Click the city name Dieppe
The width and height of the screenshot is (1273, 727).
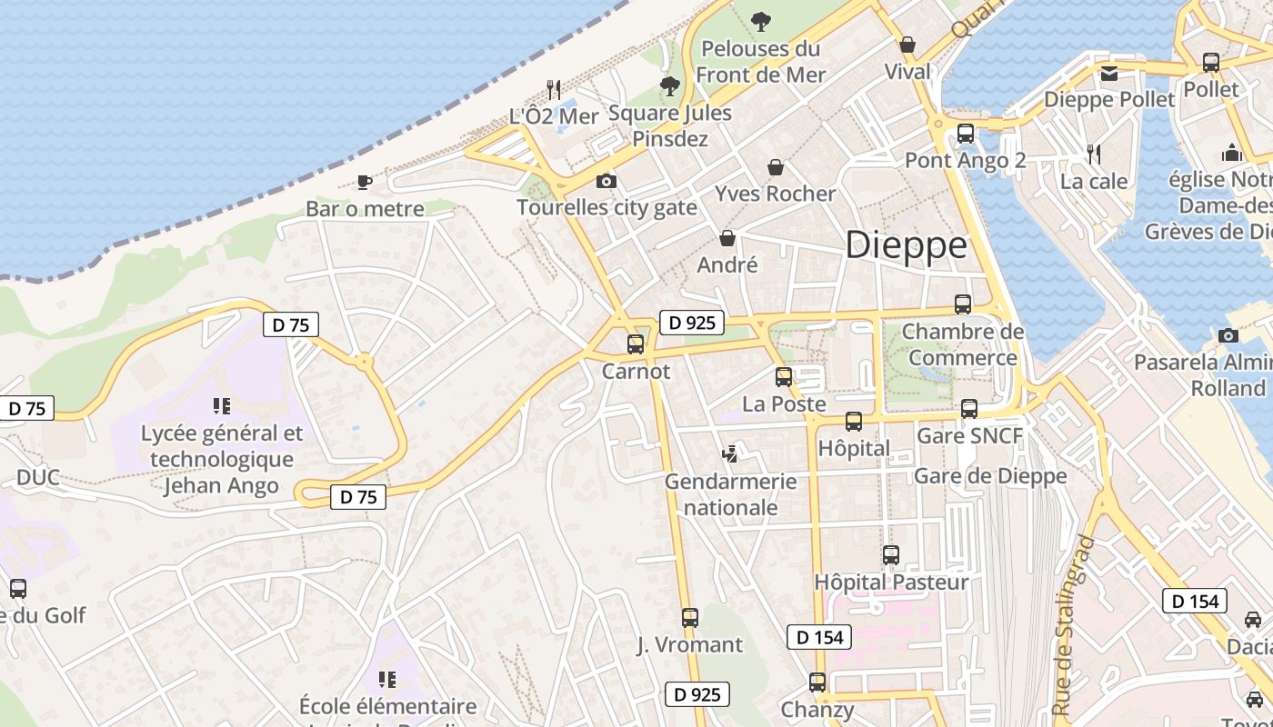(x=907, y=245)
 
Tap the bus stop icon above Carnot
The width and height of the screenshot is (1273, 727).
(x=636, y=344)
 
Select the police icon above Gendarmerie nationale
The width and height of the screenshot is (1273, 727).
(x=729, y=453)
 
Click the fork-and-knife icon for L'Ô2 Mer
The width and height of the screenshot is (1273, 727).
(x=553, y=89)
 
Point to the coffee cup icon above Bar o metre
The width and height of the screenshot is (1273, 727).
(x=365, y=182)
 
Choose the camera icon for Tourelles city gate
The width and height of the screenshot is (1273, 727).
(x=606, y=182)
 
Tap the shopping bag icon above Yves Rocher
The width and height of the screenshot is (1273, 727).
(x=776, y=167)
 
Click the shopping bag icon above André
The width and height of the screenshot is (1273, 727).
(x=727, y=238)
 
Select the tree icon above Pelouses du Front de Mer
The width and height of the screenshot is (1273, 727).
(x=761, y=20)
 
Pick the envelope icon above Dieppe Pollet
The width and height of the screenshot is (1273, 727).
(x=1108, y=74)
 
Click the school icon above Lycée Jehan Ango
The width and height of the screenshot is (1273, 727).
(x=222, y=406)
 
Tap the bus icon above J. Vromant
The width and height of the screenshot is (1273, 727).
(x=690, y=618)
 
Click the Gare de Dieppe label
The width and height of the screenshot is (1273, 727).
(x=990, y=476)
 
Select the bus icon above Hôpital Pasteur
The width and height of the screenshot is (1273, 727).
(x=891, y=554)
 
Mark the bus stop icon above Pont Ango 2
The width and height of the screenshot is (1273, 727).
(x=966, y=134)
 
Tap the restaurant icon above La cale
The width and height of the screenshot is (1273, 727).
(x=1095, y=154)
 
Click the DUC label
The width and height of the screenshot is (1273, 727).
(x=38, y=477)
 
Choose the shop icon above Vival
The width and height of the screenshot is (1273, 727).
(x=907, y=45)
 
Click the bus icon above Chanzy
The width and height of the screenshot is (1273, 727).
(x=817, y=682)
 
